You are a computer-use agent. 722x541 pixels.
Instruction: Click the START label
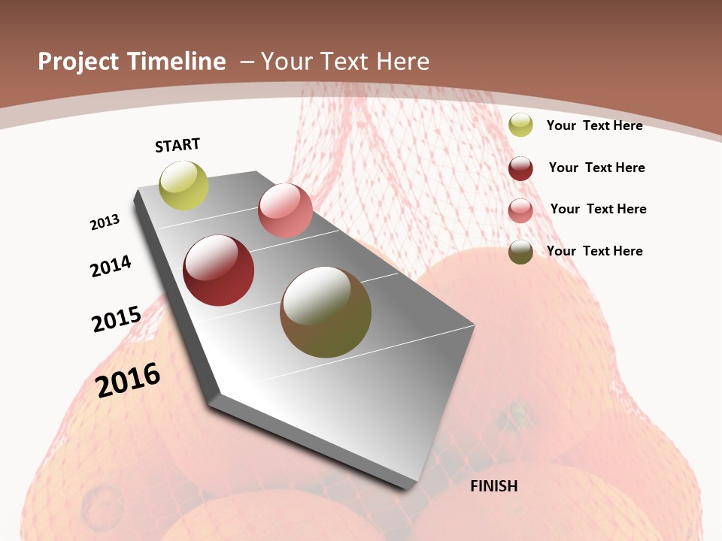[x=177, y=145]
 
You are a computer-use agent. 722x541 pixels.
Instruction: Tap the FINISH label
[x=494, y=486]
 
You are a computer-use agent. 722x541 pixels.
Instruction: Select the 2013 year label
[x=105, y=222]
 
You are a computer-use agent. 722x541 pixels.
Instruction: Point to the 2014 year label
[x=111, y=266]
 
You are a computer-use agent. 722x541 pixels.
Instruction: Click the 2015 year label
[x=117, y=319]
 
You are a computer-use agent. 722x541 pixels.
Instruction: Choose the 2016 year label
[x=128, y=379]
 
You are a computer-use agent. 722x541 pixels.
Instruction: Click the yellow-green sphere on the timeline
[x=184, y=186]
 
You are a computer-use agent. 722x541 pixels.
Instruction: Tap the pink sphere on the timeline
[x=285, y=210]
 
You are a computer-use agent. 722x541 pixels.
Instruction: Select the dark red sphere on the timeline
[x=219, y=270]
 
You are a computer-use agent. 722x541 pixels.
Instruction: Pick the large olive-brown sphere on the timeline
[x=326, y=312]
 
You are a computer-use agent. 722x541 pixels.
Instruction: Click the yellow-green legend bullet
[x=520, y=125]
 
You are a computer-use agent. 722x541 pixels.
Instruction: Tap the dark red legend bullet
[x=520, y=168]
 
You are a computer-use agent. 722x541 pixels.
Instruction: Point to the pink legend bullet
[x=520, y=210]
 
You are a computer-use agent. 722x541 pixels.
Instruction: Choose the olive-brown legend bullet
[x=520, y=252]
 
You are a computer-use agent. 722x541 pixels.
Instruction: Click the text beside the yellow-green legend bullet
[x=594, y=125]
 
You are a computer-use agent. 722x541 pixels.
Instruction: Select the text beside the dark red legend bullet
[x=596, y=168]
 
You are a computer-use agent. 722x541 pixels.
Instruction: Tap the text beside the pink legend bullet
[x=598, y=209]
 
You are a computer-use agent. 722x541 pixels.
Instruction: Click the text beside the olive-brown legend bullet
[x=594, y=251]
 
